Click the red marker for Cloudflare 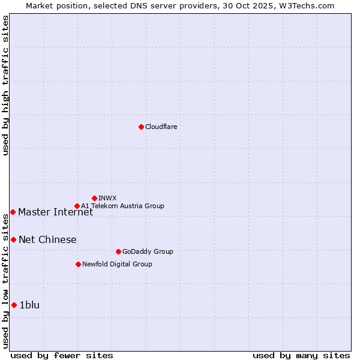click(x=141, y=127)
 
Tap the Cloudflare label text click(x=161, y=127)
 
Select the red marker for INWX click(x=94, y=198)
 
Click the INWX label click(x=107, y=198)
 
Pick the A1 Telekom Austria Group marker click(x=77, y=206)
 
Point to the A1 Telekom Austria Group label click(x=122, y=206)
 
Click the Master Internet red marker click(x=13, y=212)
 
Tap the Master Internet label click(x=55, y=212)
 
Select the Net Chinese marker click(x=13, y=239)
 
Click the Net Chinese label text click(x=47, y=239)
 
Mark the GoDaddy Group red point click(x=118, y=251)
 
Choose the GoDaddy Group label click(x=147, y=251)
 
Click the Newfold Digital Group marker click(x=78, y=264)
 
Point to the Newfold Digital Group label click(x=117, y=264)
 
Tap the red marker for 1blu click(x=14, y=305)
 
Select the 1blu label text click(x=29, y=305)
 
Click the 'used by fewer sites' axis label click(x=62, y=355)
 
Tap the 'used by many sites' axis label click(x=301, y=355)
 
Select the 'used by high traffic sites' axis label click(x=5, y=85)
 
